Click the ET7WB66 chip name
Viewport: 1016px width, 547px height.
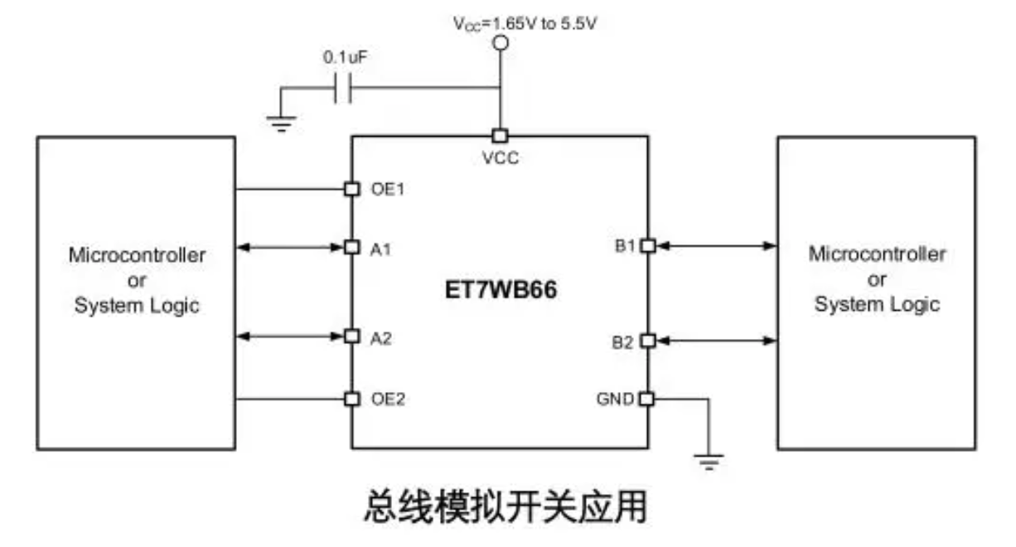501,290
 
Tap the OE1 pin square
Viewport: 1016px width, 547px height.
352,189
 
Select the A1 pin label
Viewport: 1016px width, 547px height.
380,249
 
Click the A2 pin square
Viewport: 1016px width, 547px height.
352,336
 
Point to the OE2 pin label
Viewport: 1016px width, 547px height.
388,399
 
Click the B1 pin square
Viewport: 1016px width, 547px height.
648,246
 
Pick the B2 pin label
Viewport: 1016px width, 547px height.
622,342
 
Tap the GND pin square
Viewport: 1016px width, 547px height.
646,399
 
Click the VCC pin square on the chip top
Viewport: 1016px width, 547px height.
501,136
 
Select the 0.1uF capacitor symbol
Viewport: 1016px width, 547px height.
342,88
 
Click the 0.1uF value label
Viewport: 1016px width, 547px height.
346,57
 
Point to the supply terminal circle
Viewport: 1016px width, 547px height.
501,43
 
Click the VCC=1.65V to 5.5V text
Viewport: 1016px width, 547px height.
525,23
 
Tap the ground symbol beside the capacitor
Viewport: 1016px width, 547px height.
281,123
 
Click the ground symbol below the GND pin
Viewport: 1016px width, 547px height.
709,462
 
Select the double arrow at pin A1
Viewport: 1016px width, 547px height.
290,247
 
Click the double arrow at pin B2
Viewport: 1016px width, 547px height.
717,341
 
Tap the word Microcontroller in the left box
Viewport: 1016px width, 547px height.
137,255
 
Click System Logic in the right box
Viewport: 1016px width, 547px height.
878,304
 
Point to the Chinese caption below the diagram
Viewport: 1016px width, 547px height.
506,506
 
